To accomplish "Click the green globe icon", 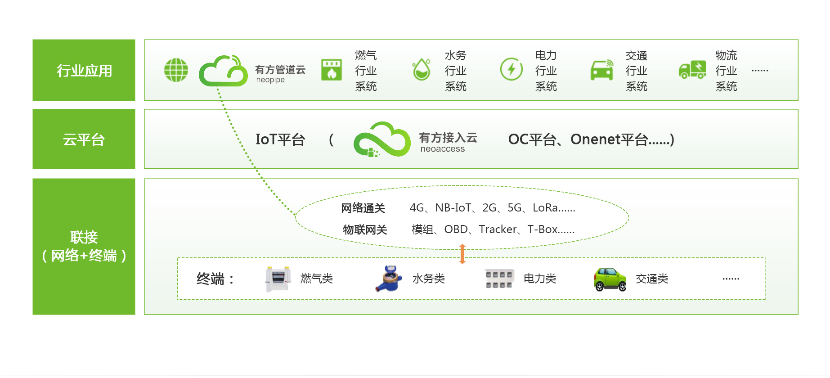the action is pos(176,70).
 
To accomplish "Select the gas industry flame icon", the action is pos(332,70).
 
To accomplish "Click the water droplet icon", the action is pos(422,70).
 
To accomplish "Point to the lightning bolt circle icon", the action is pos(511,69).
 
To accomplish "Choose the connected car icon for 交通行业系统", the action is pos(602,70).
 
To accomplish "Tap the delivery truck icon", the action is pos(692,70).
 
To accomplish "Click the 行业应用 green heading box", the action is pos(84,70).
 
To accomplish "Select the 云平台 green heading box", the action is pos(84,139).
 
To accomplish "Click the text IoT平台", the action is pos(280,139).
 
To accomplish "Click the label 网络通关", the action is pos(363,208).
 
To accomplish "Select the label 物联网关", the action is pos(365,229).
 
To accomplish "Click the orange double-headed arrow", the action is pos(462,254).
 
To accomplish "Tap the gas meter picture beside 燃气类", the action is pos(278,279).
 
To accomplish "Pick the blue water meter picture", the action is pos(389,279).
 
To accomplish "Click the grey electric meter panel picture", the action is pos(499,279).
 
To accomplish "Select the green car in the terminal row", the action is pos(610,279).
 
